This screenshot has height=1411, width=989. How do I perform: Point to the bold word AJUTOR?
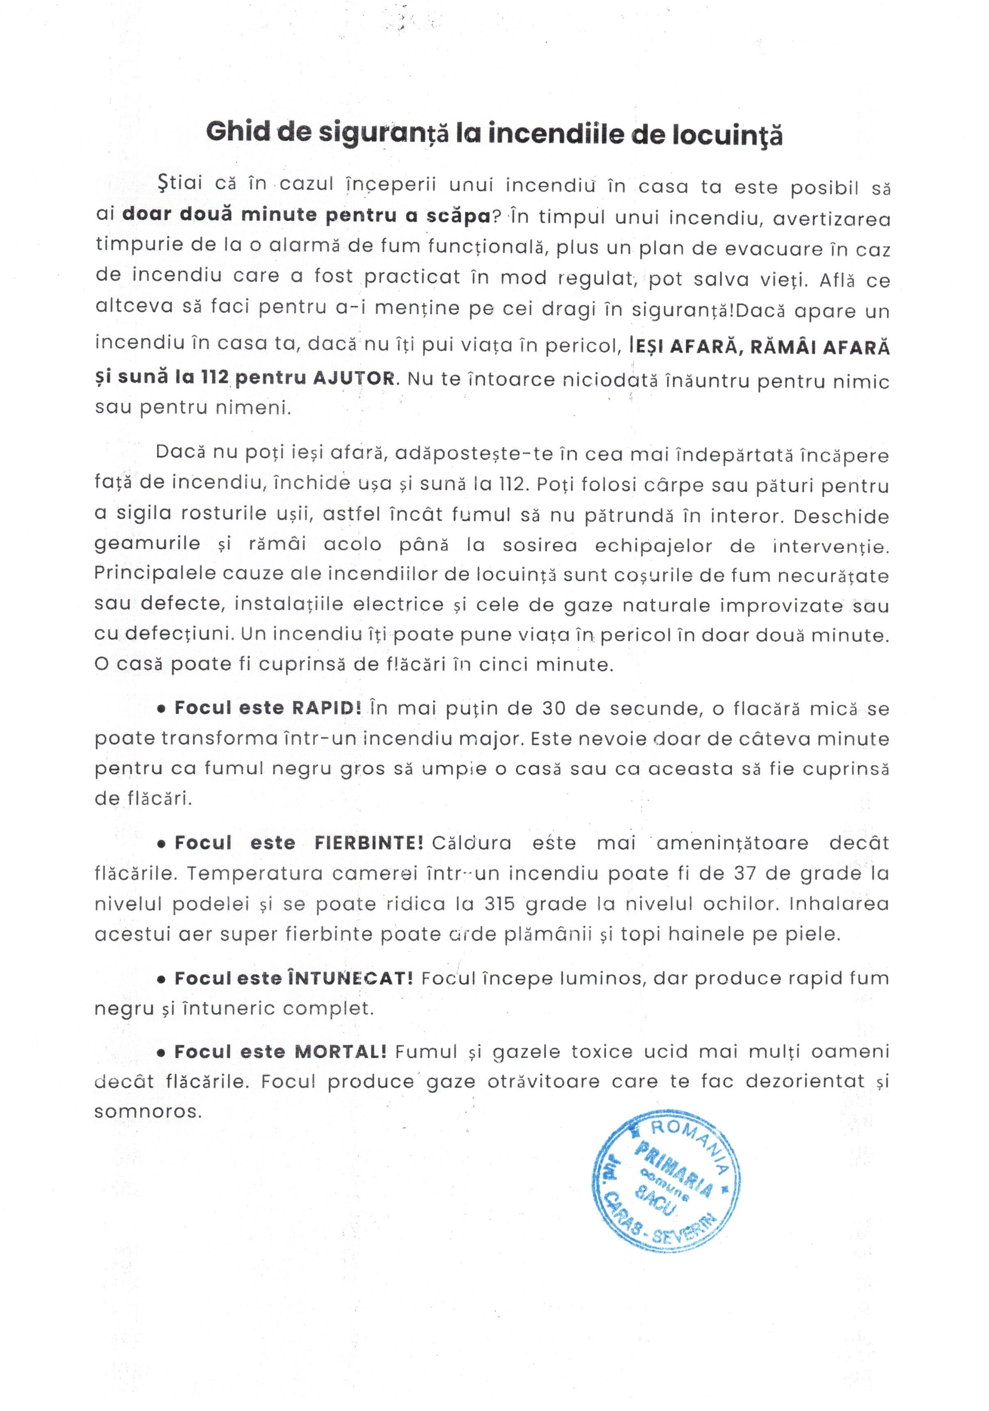[353, 377]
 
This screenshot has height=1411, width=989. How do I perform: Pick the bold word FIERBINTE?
[368, 842]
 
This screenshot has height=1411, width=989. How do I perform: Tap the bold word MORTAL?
[341, 1051]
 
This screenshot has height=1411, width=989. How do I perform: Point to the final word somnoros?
[147, 1111]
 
